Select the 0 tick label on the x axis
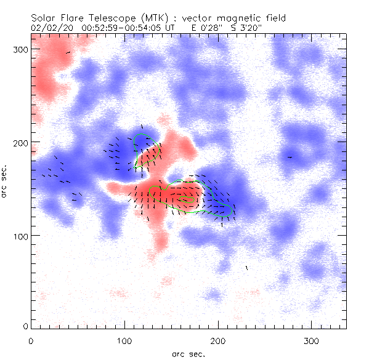(31, 340)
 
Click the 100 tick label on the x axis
(124, 340)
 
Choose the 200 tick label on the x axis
(217, 340)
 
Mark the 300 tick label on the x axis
(311, 340)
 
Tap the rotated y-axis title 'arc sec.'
(4, 180)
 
